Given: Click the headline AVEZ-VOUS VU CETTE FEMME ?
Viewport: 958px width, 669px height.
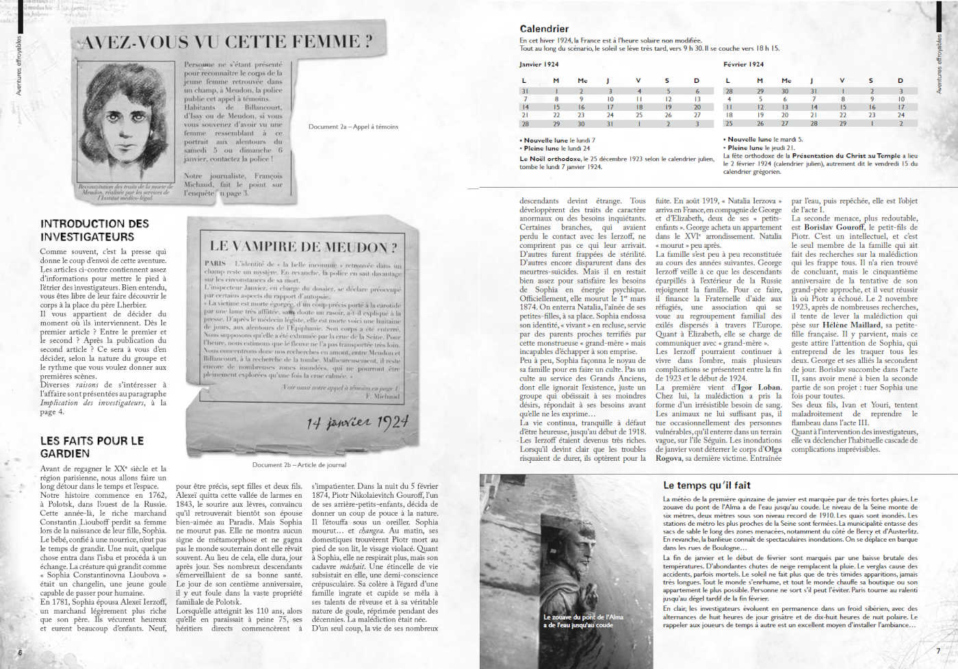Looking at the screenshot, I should (226, 42).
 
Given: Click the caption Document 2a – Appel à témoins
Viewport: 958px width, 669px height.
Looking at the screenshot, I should (353, 127).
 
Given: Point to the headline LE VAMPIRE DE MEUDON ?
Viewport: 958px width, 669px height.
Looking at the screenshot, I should (302, 247).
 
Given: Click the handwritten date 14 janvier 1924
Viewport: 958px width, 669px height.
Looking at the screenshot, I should (357, 422).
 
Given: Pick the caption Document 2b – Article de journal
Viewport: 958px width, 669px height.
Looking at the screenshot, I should (299, 464).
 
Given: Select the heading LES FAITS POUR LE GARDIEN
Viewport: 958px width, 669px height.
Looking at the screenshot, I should (92, 447).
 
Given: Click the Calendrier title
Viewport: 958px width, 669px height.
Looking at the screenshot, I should (544, 29).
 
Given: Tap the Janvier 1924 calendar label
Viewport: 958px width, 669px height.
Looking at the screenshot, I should (539, 64).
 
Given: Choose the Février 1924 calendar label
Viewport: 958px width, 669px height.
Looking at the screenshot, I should (743, 64).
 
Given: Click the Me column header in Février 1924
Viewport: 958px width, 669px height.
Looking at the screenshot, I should (786, 81).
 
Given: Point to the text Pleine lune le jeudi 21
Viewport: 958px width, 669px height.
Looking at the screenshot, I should (761, 147).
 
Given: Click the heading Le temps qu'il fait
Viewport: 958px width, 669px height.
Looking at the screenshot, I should (707, 485).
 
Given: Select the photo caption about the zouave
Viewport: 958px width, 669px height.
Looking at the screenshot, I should (578, 620).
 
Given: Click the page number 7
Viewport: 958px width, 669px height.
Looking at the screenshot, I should (937, 651).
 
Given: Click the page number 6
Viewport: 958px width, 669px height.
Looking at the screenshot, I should (20, 653).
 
